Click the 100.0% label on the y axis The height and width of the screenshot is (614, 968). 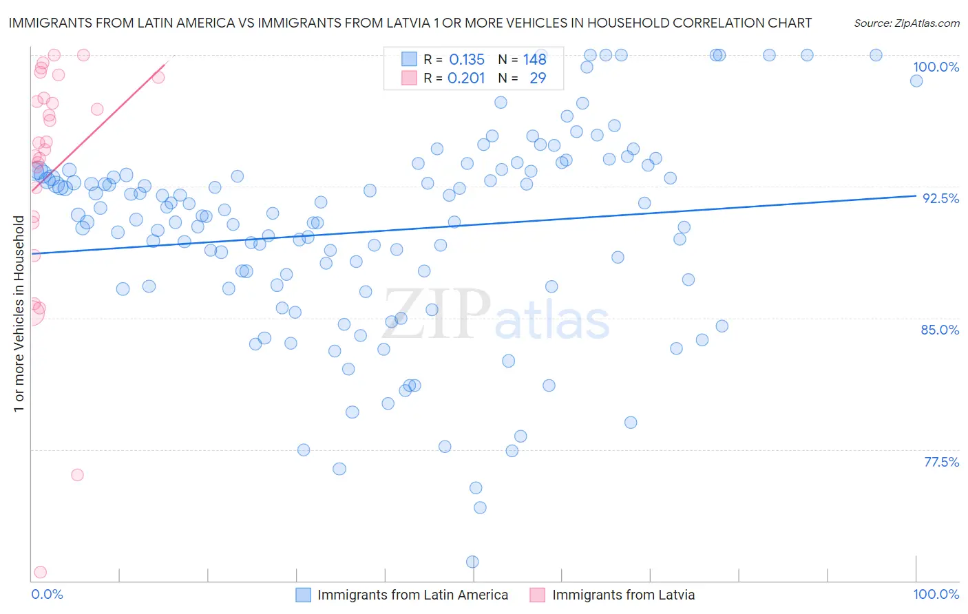point(936,67)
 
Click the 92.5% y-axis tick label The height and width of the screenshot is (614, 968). point(940,198)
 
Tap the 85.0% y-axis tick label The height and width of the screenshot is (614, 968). point(940,330)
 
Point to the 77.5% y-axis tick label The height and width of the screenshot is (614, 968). point(941,462)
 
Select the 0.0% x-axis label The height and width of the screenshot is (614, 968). point(47,594)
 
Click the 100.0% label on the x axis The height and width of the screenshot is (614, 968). point(936,594)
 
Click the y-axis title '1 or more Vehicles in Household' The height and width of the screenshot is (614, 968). point(19,313)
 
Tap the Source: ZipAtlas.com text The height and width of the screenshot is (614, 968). point(906,23)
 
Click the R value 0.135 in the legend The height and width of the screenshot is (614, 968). point(467,60)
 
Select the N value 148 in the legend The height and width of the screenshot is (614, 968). point(534,60)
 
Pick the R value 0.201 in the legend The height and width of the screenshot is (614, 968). point(466,78)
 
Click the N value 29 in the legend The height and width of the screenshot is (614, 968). point(538,78)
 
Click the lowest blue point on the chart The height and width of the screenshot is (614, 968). point(472,562)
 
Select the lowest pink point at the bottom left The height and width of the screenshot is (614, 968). point(40,572)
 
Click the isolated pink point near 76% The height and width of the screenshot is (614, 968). point(77,475)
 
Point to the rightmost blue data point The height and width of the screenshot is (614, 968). point(916,81)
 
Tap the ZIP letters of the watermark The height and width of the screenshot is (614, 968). point(436,315)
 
